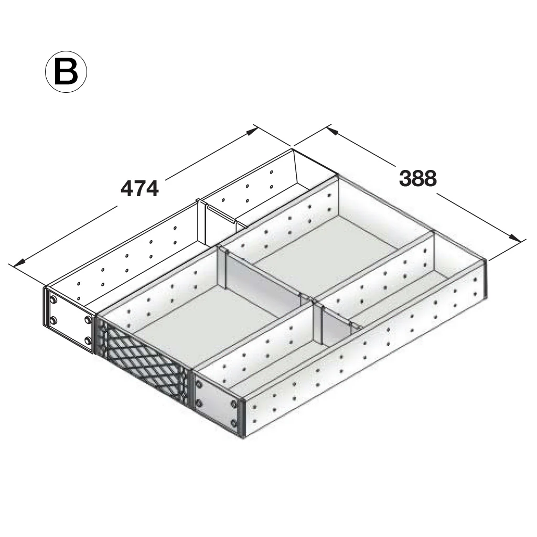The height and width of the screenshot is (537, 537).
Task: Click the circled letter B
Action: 66,71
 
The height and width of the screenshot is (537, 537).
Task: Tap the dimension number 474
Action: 139,188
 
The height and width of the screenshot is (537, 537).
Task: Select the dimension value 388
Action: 418,178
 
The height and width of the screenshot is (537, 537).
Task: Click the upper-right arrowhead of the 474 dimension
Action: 252,131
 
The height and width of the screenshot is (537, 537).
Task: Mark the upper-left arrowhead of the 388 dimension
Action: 332,131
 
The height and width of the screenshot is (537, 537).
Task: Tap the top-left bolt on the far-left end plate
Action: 53,300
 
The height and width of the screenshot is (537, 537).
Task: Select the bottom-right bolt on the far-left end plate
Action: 88,340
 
